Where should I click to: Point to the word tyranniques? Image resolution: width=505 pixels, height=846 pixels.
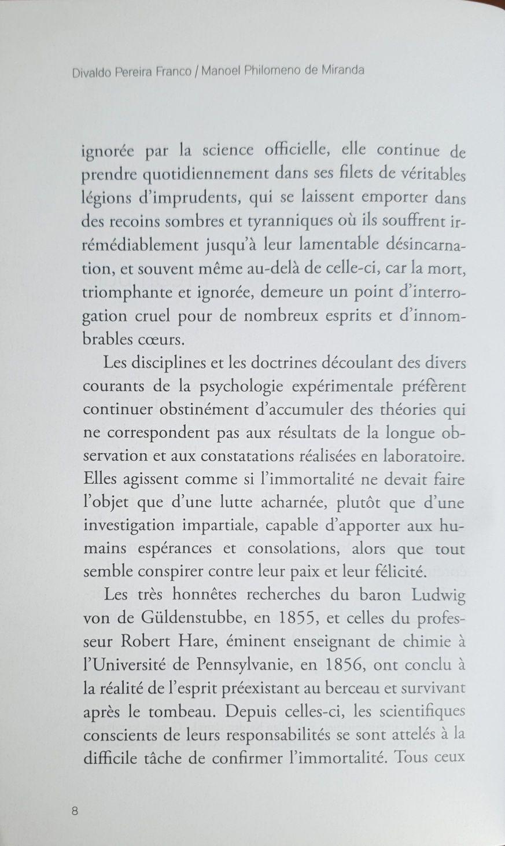pyautogui.click(x=279, y=221)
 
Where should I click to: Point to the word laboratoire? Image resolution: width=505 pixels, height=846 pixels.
pyautogui.click(x=423, y=455)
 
